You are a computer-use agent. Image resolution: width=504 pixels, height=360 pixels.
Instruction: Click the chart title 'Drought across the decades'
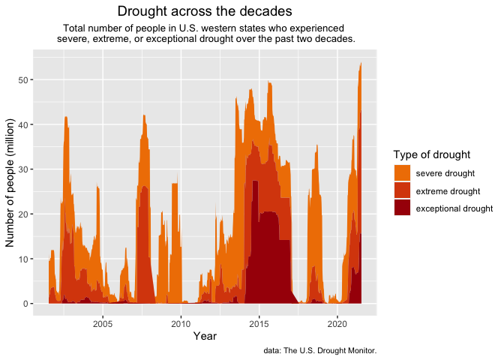click(205, 12)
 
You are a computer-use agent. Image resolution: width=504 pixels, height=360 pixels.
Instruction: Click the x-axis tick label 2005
click(103, 324)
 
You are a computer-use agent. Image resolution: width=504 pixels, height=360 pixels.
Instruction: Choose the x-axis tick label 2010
click(181, 324)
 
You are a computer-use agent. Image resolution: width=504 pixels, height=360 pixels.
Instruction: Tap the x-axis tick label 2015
click(259, 324)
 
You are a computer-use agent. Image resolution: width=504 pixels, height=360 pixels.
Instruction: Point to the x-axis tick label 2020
click(337, 324)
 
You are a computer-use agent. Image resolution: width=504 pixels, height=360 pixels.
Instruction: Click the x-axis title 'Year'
click(205, 337)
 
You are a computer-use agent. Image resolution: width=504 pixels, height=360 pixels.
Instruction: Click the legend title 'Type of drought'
click(432, 154)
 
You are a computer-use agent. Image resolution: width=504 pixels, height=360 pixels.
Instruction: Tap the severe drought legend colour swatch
click(403, 173)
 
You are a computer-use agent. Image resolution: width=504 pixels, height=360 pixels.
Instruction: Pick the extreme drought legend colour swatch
click(403, 190)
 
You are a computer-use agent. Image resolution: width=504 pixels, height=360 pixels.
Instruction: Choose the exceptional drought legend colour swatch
click(403, 208)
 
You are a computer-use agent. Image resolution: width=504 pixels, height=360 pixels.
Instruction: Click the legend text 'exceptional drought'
click(454, 208)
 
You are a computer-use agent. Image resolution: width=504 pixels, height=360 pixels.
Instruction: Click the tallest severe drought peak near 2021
click(361, 64)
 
